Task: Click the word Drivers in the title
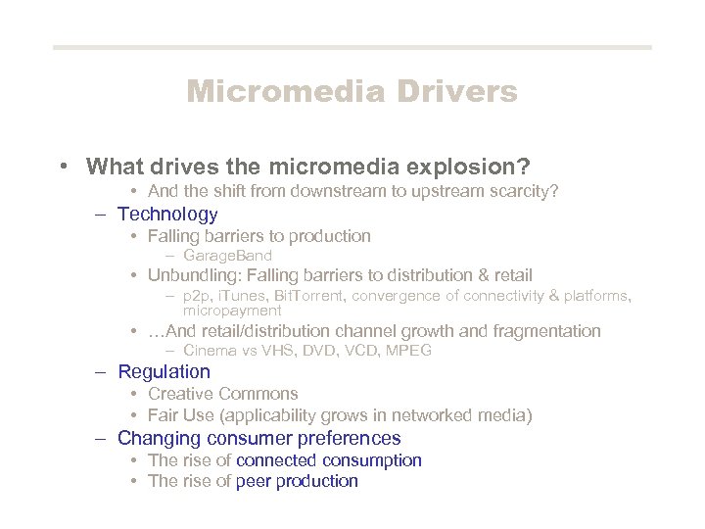pyautogui.click(x=457, y=92)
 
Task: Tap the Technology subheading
pyautogui.click(x=167, y=214)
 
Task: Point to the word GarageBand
pyautogui.click(x=227, y=256)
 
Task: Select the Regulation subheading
pyautogui.click(x=164, y=371)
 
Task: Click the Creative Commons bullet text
pyautogui.click(x=209, y=394)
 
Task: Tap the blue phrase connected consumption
pyautogui.click(x=328, y=460)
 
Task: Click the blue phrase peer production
pyautogui.click(x=297, y=481)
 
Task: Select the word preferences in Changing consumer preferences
pyautogui.click(x=352, y=438)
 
